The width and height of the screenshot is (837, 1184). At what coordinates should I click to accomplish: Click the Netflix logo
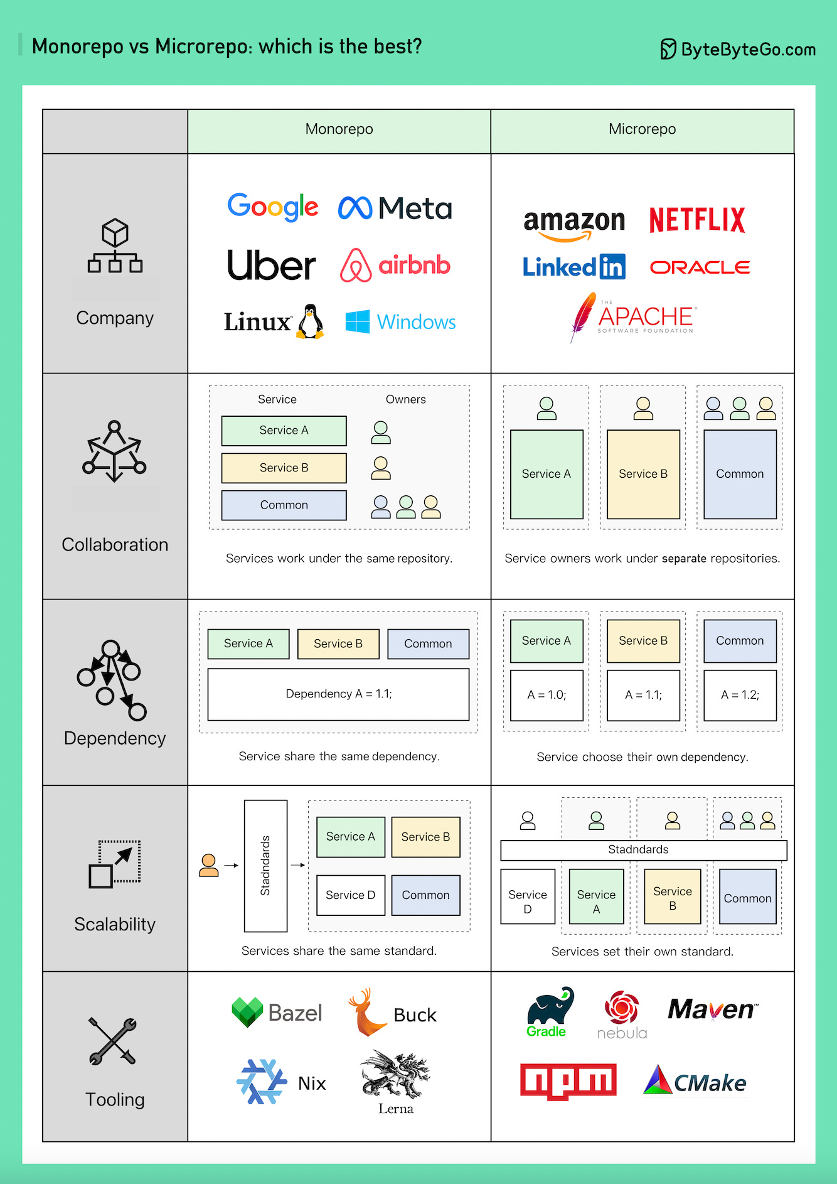click(x=696, y=220)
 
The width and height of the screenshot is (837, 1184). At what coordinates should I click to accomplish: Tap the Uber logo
click(x=271, y=266)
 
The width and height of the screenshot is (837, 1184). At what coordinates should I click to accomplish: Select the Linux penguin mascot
click(x=310, y=322)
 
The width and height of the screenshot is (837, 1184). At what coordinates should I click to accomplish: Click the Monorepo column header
click(x=339, y=130)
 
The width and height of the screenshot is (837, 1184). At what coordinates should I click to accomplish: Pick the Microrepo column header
click(x=642, y=130)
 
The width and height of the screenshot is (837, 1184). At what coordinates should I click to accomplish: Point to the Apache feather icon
click(x=582, y=316)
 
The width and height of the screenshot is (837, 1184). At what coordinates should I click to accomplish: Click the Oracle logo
click(x=700, y=267)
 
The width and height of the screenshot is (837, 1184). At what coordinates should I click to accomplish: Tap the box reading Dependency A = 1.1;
click(x=338, y=694)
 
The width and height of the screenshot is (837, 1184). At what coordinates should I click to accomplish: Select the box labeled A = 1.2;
click(x=740, y=695)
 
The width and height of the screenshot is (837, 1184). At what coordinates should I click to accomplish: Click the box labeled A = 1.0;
click(x=546, y=695)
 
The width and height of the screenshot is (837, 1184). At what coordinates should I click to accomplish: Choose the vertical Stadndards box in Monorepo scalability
click(x=265, y=866)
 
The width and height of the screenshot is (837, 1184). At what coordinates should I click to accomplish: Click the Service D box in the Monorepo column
click(x=350, y=895)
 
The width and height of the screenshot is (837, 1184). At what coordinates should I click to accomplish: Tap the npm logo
click(x=568, y=1081)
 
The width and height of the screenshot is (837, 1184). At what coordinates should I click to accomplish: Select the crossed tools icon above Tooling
click(x=113, y=1041)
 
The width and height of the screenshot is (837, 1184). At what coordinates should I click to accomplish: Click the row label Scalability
click(x=115, y=924)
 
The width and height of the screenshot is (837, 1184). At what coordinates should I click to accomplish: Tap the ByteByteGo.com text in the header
click(x=748, y=50)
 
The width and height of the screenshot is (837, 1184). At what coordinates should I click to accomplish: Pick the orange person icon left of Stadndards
click(x=209, y=865)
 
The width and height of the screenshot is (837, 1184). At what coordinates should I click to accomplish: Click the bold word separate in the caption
click(x=684, y=559)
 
